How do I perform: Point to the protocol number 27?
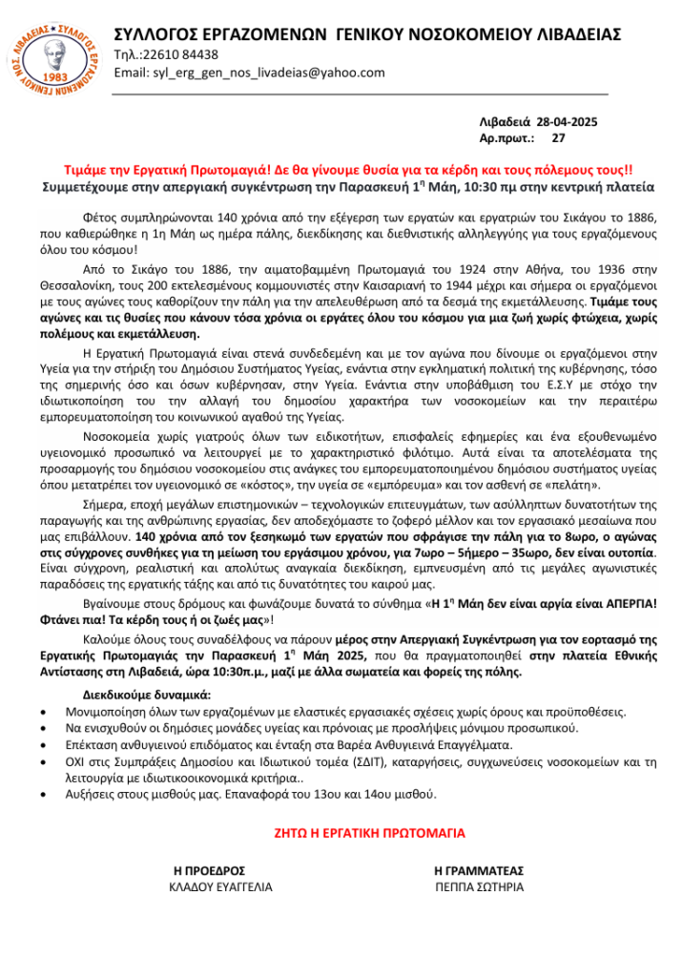(559, 138)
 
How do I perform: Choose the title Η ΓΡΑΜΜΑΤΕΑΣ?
(479, 870)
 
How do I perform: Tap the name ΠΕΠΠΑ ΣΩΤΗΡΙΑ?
(479, 886)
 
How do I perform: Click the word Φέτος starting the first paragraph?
(99, 216)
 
